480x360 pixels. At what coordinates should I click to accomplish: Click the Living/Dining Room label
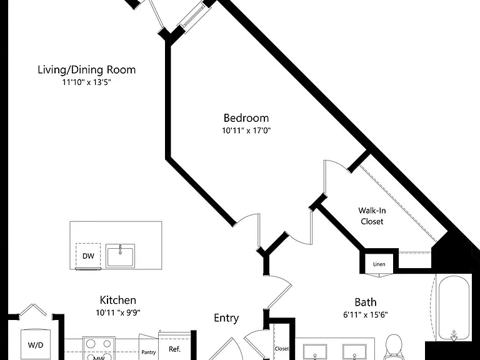click(x=87, y=70)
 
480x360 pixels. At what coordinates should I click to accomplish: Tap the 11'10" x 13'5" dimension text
click(x=86, y=82)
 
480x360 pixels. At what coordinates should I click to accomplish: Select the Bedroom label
click(x=246, y=118)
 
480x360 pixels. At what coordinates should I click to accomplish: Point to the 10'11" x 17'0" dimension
click(x=246, y=131)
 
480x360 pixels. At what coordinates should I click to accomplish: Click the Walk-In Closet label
click(x=372, y=216)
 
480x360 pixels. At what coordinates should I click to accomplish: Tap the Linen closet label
click(x=379, y=264)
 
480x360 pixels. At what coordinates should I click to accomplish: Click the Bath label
click(x=365, y=302)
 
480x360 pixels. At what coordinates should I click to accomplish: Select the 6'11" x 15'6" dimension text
click(x=365, y=315)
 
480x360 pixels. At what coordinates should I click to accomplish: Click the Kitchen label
click(x=118, y=300)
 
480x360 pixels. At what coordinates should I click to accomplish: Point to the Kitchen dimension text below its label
click(x=118, y=312)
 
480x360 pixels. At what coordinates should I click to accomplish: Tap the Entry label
click(x=226, y=318)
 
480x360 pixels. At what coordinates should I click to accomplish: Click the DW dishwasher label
click(x=88, y=256)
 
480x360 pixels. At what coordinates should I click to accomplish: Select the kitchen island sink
click(x=120, y=256)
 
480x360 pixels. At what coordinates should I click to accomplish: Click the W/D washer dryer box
click(x=36, y=344)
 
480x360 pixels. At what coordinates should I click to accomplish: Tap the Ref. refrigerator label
click(x=174, y=349)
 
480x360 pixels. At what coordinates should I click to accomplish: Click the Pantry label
click(x=149, y=352)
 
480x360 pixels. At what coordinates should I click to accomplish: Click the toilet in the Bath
click(x=393, y=347)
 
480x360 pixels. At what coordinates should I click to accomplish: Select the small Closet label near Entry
click(x=281, y=348)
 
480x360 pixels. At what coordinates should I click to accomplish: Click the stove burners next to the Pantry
click(x=98, y=348)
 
